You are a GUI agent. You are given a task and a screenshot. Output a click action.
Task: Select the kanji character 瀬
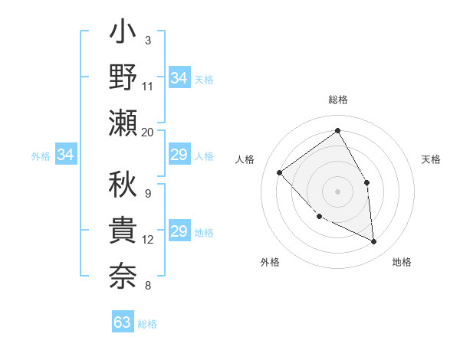(x=123, y=123)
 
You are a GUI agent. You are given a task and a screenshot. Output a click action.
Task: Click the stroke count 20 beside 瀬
(x=147, y=132)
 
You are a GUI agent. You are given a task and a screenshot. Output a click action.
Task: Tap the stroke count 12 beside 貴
(x=148, y=240)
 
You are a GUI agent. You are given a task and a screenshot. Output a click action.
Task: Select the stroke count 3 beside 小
(x=147, y=41)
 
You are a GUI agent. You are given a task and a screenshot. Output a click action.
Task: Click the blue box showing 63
(x=122, y=322)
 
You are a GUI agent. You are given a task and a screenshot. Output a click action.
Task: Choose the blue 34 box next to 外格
(x=65, y=155)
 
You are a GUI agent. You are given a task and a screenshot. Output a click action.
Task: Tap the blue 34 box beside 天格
(x=179, y=77)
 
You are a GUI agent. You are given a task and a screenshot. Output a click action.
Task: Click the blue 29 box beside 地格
(x=179, y=232)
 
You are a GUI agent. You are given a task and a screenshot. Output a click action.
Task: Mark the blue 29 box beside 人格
(x=179, y=155)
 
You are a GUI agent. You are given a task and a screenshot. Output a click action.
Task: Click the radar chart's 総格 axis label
(x=337, y=100)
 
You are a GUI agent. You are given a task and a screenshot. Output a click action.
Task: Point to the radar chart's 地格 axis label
(x=402, y=262)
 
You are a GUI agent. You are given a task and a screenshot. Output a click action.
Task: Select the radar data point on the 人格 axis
(x=280, y=172)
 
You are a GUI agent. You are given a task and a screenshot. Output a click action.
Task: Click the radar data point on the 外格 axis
(x=320, y=216)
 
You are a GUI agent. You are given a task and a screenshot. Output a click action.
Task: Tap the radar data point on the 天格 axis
(x=366, y=182)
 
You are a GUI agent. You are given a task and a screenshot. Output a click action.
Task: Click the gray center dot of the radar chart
(x=337, y=191)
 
